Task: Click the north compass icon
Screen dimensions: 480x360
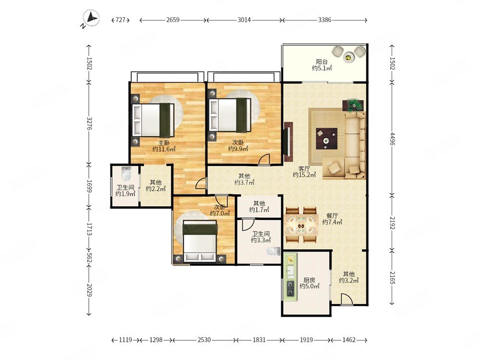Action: [x=91, y=18]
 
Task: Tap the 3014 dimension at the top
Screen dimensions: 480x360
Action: [x=244, y=20]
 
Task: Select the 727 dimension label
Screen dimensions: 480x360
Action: [x=120, y=20]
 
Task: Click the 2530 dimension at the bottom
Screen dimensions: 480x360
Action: [x=204, y=340]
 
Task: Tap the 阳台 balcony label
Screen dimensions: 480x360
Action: [x=322, y=61]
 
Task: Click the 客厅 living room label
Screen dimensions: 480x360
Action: [x=304, y=168]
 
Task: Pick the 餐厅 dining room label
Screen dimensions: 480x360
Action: [x=332, y=216]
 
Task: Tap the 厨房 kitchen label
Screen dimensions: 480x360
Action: [x=309, y=280]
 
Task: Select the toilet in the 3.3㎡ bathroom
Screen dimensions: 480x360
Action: [x=273, y=252]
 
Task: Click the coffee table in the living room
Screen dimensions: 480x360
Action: [x=326, y=139]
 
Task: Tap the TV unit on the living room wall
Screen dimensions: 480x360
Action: [x=288, y=142]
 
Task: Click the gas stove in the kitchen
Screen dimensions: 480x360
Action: [x=290, y=288]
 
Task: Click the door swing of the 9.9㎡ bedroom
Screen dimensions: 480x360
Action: [x=264, y=159]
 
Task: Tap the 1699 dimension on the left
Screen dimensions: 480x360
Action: [x=89, y=186]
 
